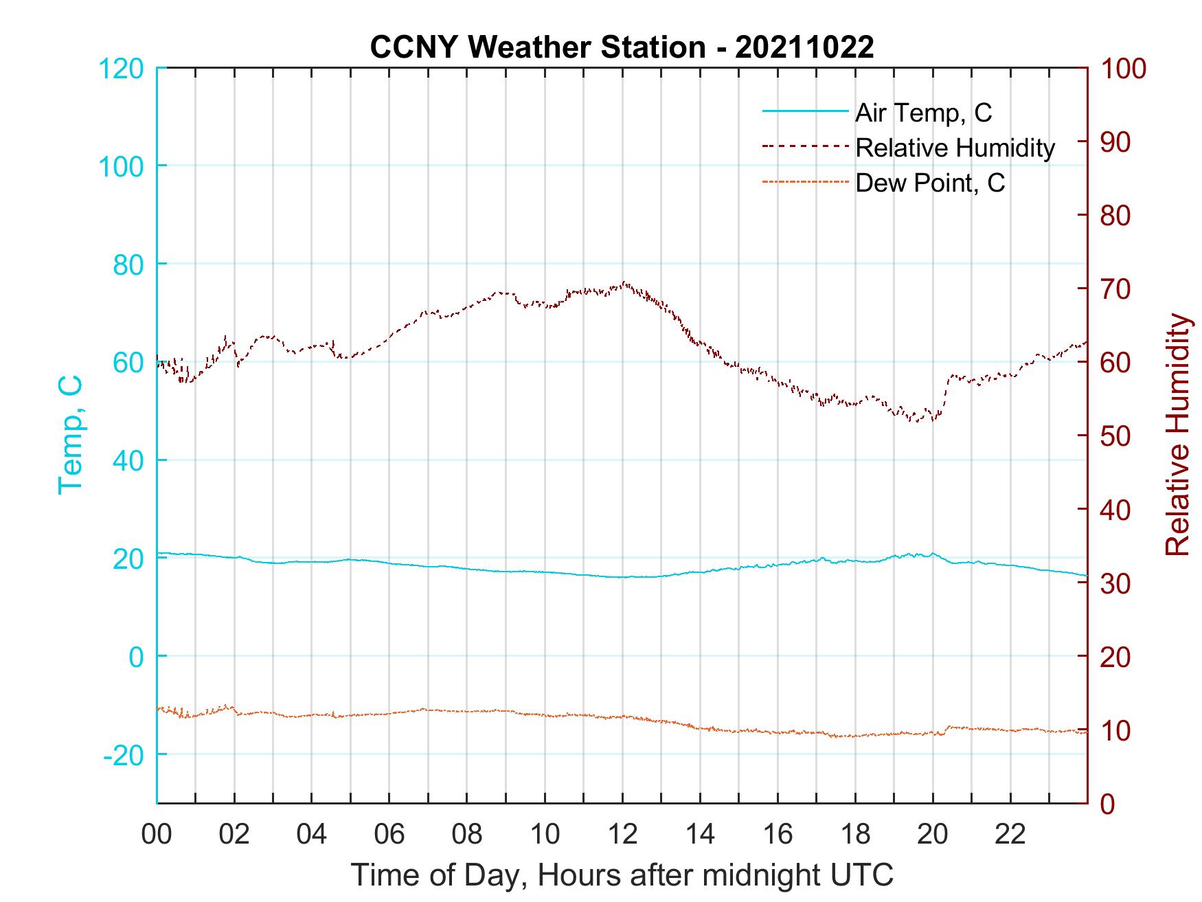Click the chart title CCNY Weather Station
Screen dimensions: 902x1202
point(621,47)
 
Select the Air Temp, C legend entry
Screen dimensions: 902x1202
point(922,113)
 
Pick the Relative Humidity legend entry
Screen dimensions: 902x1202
point(954,148)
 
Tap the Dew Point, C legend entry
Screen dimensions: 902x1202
point(929,183)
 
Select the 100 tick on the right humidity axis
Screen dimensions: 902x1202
point(1124,68)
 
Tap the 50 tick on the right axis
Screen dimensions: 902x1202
point(1116,436)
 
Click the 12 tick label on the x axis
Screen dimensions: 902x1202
point(622,834)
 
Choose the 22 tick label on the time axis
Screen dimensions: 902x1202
point(1010,834)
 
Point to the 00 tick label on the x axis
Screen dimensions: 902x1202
point(157,834)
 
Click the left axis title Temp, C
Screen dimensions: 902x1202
point(70,435)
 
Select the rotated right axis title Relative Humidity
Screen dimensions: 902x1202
point(1177,435)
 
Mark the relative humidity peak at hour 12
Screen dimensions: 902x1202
point(624,282)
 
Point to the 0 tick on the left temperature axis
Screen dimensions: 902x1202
point(137,657)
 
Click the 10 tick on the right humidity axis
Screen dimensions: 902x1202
point(1116,730)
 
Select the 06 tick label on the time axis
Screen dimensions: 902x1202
point(389,834)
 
